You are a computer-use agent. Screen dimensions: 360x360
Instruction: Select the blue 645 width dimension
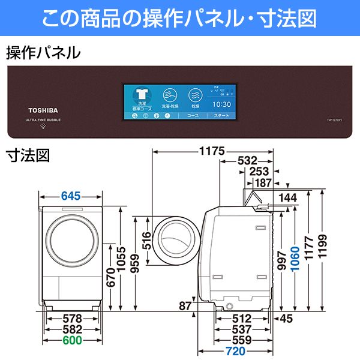click(71, 196)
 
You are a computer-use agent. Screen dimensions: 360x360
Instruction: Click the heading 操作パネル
click(43, 53)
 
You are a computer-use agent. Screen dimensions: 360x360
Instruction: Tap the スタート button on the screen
click(222, 114)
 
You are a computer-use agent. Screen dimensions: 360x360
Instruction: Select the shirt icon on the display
click(142, 95)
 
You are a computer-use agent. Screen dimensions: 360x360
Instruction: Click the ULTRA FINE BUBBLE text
click(44, 120)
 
